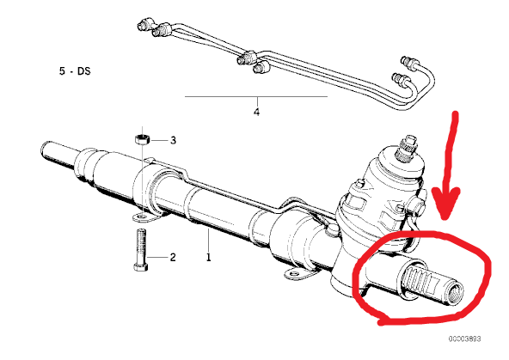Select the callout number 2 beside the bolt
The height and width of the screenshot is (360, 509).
[x=173, y=258]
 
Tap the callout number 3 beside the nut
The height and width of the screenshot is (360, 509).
[x=174, y=140]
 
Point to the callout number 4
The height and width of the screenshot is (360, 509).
[x=256, y=113]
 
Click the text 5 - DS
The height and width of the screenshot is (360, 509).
[x=75, y=71]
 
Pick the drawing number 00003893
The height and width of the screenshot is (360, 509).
[x=465, y=339]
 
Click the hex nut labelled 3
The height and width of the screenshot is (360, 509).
[x=142, y=139]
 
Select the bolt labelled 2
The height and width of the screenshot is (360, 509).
[x=140, y=250]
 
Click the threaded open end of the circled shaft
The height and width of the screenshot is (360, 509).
[x=455, y=294]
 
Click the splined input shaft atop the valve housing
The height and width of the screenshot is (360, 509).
[x=407, y=148]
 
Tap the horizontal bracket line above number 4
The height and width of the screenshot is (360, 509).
[x=256, y=96]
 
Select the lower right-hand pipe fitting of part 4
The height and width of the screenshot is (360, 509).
[x=401, y=79]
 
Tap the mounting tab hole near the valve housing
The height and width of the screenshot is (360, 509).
[x=294, y=274]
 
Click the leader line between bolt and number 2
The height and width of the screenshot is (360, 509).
[x=157, y=258]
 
